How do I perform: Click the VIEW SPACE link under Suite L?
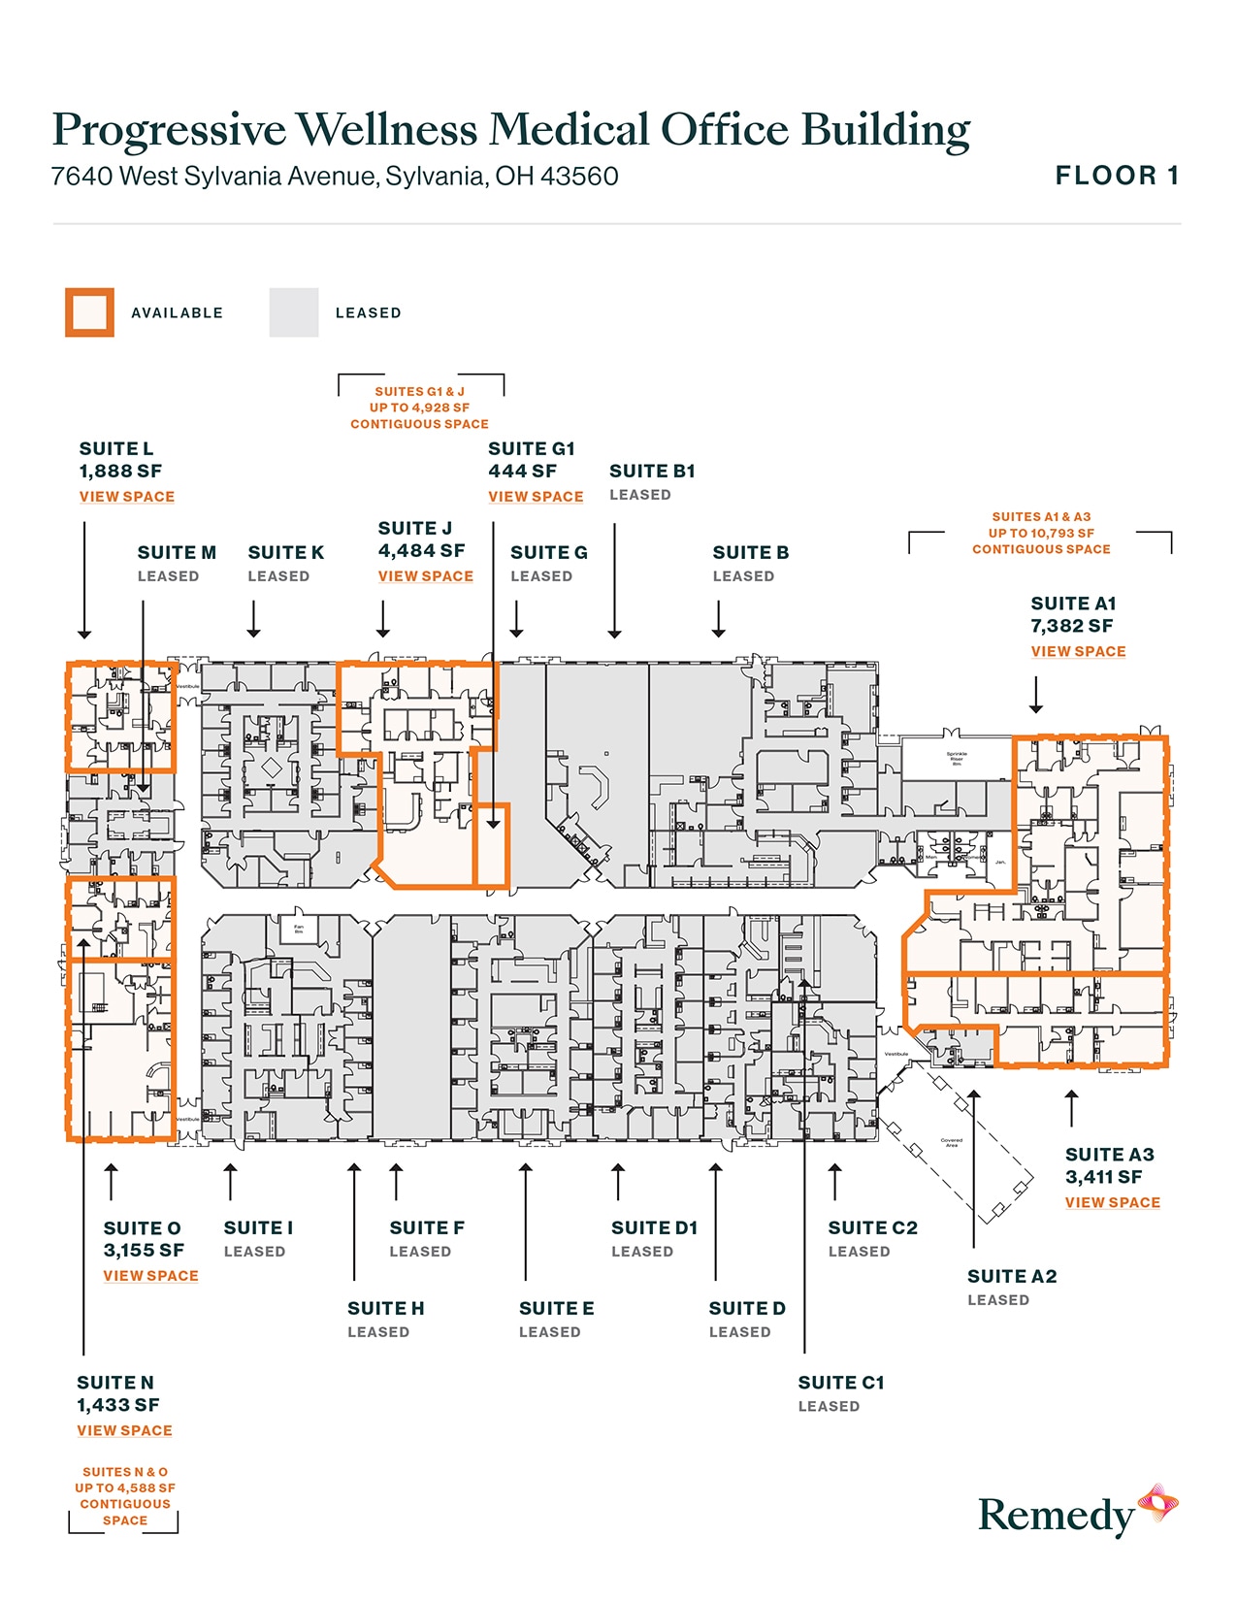tap(127, 497)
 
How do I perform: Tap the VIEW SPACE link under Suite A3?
tap(1112, 1202)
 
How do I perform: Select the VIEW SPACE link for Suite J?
tap(425, 576)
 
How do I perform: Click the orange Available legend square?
tap(89, 312)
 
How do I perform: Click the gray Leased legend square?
tap(293, 312)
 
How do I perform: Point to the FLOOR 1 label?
tap(1117, 176)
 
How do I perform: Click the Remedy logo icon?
tap(1157, 1504)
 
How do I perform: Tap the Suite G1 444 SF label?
tap(531, 460)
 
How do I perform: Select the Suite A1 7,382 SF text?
tap(1073, 615)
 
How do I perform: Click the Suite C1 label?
tap(840, 1383)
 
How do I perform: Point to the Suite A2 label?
tap(1011, 1277)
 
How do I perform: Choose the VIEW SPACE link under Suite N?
tap(124, 1431)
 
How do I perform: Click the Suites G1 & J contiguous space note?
tap(419, 408)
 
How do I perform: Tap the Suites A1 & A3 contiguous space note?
tap(1041, 533)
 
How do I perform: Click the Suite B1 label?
tap(652, 472)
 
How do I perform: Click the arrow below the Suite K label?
tap(253, 619)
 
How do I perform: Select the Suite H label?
tap(385, 1309)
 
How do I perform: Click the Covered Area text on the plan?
tap(951, 1142)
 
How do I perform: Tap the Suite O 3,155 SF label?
tap(143, 1239)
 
